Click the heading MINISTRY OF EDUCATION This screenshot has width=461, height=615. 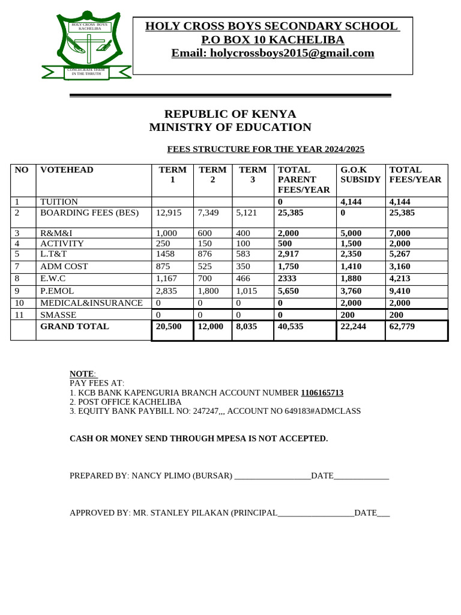tap(230, 127)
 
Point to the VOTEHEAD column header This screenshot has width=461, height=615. tap(67, 170)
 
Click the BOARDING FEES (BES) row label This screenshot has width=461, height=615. tap(89, 213)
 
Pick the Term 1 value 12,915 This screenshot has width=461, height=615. tap(168, 213)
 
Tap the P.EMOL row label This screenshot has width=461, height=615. tap(56, 291)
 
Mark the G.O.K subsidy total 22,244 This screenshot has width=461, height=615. tap(354, 327)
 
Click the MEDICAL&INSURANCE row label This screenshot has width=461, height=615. tap(91, 303)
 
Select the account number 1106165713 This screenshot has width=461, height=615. tap(322, 393)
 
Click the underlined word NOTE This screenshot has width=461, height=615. tap(82, 374)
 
